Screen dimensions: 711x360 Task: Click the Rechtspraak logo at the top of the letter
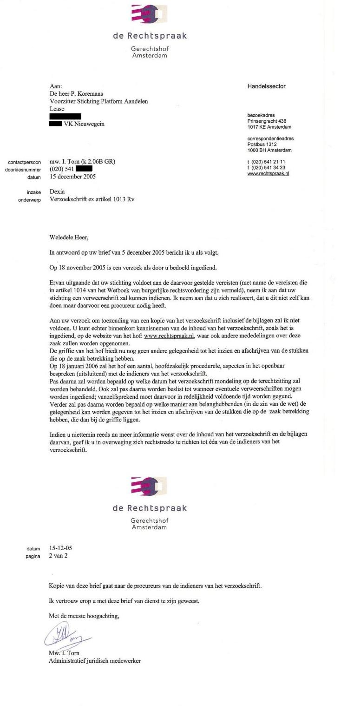[x=149, y=14]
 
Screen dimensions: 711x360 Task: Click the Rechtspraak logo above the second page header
[x=149, y=486]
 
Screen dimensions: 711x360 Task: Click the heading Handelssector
[x=266, y=86]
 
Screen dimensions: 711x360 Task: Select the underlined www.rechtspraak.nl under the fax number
[x=268, y=174]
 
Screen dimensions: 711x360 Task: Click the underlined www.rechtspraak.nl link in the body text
[x=169, y=336]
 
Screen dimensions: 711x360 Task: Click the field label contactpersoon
[x=25, y=162]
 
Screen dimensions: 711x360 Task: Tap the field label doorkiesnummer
[x=23, y=170]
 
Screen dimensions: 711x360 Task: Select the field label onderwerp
[x=29, y=200]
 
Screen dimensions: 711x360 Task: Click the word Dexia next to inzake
[x=57, y=191]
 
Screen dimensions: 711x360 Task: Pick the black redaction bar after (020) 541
[x=84, y=169]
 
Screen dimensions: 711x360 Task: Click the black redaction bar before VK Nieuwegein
[x=55, y=124]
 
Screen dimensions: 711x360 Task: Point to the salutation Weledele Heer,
[x=69, y=237]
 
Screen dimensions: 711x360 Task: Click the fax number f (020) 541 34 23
[x=266, y=168]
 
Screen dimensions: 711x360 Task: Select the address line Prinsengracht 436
[x=267, y=121]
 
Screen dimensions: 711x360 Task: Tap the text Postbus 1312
[x=262, y=145]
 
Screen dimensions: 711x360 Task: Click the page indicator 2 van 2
[x=58, y=556]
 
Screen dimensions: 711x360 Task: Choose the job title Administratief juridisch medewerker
[x=95, y=660]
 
